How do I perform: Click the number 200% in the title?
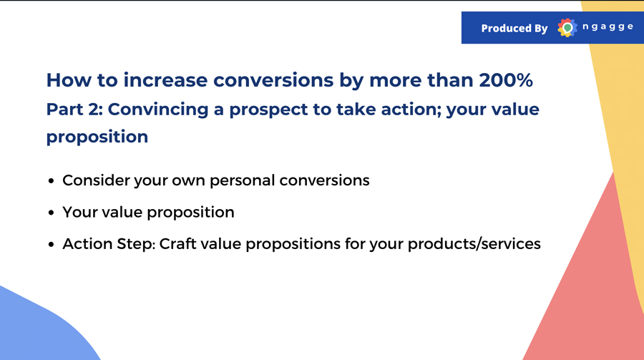(x=506, y=79)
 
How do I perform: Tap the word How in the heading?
(x=69, y=79)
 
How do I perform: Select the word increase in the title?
(x=165, y=79)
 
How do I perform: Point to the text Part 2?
(x=74, y=110)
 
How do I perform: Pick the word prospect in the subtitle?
(x=268, y=110)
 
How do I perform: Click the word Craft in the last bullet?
(x=177, y=244)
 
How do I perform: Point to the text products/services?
(x=474, y=244)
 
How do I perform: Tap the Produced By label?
(x=514, y=28)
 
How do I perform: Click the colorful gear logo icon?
(x=567, y=27)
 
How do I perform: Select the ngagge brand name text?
(x=608, y=26)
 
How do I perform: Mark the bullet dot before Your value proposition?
(x=52, y=213)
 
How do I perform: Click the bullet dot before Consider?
(x=52, y=181)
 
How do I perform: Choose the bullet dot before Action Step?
(x=52, y=244)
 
